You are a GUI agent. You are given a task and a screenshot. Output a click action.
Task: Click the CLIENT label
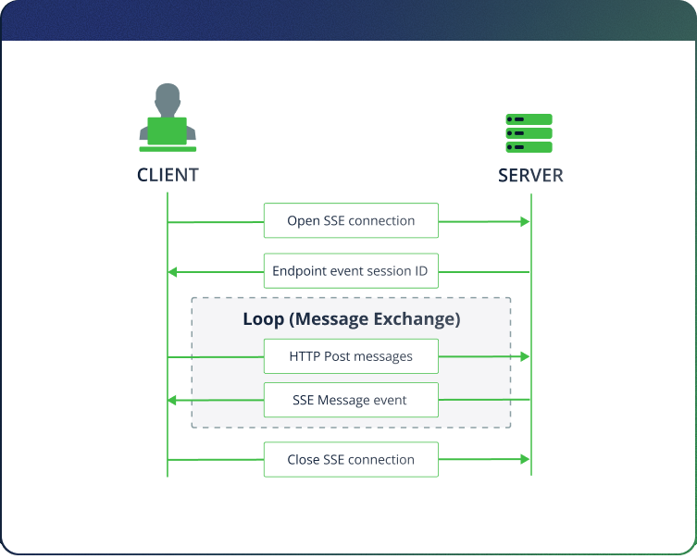point(168,175)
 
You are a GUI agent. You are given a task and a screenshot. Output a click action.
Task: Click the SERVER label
point(529,175)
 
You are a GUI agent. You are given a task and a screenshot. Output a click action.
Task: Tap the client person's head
point(168,97)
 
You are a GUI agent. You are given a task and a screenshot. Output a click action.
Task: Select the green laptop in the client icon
point(168,130)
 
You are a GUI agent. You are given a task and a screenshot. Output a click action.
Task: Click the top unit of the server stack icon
point(529,119)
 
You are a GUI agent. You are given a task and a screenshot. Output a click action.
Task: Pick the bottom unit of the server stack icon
point(529,147)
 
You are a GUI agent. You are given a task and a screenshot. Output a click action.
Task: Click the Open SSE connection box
point(351,221)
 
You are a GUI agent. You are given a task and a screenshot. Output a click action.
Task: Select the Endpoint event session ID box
point(351,272)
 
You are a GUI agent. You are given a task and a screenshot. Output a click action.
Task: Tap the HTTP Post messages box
point(351,356)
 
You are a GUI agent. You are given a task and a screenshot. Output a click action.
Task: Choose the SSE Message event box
point(351,400)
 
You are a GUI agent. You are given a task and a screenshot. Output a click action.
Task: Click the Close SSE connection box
point(351,459)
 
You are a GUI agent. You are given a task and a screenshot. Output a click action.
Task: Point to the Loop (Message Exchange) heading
point(351,319)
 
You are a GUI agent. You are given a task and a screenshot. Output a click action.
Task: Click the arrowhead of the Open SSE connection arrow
point(525,221)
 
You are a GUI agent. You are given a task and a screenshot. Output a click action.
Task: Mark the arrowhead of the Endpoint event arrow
point(173,272)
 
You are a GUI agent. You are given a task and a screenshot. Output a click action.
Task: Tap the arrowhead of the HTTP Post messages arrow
point(525,356)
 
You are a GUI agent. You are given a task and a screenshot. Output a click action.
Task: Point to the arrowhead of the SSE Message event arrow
point(173,400)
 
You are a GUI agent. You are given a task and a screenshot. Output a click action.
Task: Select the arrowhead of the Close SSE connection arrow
point(525,459)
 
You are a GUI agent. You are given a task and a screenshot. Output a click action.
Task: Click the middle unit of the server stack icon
point(529,133)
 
